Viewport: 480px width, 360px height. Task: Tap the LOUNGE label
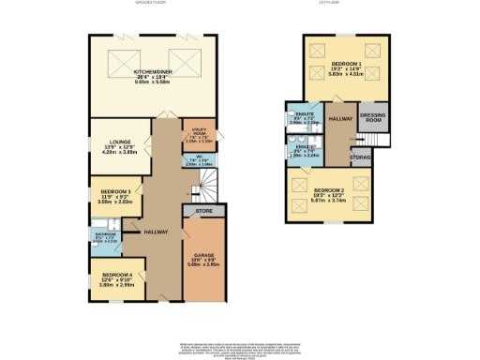[105, 142]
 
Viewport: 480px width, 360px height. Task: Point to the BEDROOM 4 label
[117, 274]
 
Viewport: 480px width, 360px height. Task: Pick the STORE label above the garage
[203, 213]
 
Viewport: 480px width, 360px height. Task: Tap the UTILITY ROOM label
[198, 130]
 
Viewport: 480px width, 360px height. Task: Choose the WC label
[198, 157]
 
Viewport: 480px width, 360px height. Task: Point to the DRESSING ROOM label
[373, 119]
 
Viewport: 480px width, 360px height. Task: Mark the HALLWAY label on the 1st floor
[339, 119]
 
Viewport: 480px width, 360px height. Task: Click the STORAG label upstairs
[360, 157]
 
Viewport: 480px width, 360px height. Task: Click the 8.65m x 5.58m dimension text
[151, 82]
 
